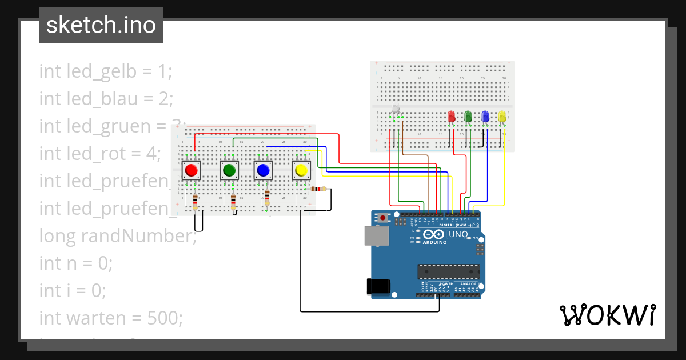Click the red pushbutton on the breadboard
192,170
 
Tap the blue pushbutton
263,170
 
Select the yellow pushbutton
301,170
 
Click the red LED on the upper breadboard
451,117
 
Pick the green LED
468,117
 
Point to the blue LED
485,117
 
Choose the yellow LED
502,117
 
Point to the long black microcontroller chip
448,274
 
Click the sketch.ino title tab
101,25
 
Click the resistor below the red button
196,201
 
